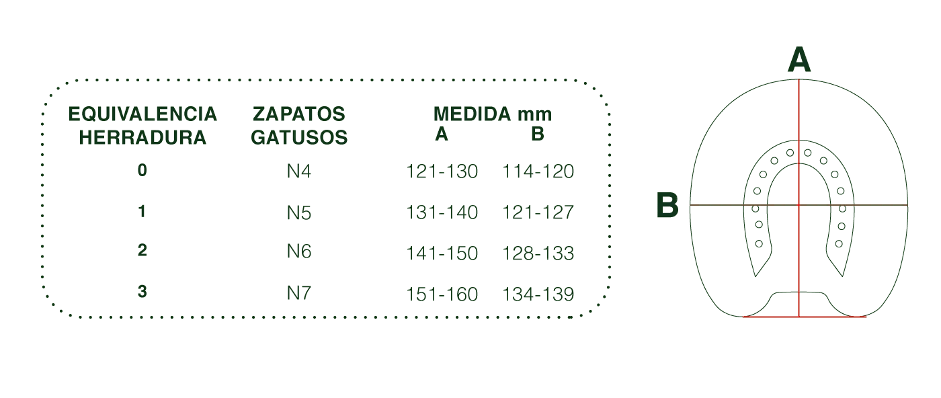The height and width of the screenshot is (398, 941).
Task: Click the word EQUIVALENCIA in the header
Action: click(x=142, y=114)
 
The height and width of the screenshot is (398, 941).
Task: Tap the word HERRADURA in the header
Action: click(x=142, y=137)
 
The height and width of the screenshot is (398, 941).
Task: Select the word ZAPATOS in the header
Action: click(x=298, y=114)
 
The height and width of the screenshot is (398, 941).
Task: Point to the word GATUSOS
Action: click(x=299, y=137)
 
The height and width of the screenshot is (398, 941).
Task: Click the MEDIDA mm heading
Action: click(x=492, y=114)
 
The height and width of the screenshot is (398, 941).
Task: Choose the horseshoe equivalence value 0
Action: click(x=142, y=170)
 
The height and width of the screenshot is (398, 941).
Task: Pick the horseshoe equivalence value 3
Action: click(x=142, y=291)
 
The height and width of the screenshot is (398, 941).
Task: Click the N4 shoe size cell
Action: click(x=298, y=171)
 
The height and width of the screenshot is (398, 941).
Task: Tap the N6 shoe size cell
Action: click(x=298, y=251)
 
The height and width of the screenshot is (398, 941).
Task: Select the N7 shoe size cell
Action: click(x=298, y=293)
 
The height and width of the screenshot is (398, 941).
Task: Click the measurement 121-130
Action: click(x=442, y=171)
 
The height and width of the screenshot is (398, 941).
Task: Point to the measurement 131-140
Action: click(x=442, y=212)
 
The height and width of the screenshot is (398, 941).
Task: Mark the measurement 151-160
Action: click(x=442, y=294)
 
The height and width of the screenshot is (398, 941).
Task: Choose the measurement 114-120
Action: click(x=538, y=171)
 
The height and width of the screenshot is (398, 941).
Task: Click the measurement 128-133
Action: click(x=538, y=253)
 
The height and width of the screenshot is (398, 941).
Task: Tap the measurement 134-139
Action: click(x=538, y=294)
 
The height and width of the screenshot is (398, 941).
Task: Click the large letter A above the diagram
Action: click(x=799, y=60)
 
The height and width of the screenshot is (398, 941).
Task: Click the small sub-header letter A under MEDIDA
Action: click(x=441, y=134)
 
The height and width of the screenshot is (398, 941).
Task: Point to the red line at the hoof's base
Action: click(x=805, y=317)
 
